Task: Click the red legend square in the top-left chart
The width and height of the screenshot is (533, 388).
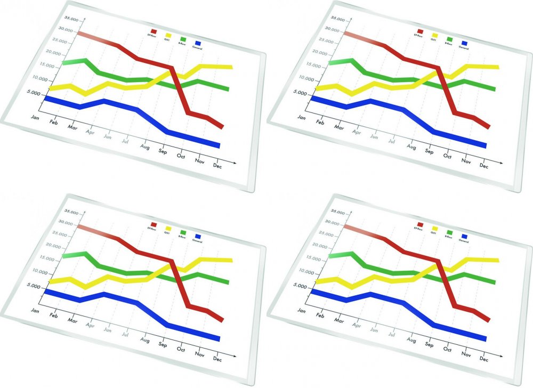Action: pos(154,31)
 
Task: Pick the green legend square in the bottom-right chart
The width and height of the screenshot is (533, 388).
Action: pos(449,232)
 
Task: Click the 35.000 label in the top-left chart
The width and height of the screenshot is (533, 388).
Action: pos(71,19)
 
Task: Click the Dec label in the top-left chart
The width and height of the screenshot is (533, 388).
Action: pos(217,166)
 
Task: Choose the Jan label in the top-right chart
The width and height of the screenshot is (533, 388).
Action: pos(302,117)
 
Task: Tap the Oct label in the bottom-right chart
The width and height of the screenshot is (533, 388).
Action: pos(448,350)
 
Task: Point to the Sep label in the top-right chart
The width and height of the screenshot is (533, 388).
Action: pos(429,151)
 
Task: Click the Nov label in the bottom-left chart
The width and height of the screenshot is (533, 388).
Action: pos(200,354)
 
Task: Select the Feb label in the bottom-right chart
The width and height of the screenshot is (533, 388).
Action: pos(320,316)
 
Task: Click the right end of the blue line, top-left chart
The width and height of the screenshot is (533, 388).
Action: pos(219,145)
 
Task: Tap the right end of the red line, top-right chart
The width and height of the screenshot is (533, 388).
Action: pos(488,126)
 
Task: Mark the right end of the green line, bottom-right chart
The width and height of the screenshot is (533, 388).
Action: pos(494,282)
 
